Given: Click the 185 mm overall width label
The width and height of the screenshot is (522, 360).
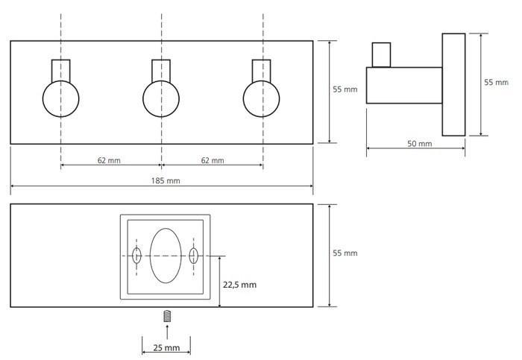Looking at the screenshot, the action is tap(166, 180).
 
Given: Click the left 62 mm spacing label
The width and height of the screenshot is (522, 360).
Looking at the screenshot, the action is tap(109, 160).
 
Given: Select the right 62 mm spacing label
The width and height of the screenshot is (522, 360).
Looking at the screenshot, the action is tap(213, 160).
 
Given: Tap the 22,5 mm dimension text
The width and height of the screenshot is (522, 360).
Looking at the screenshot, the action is tap(239, 285).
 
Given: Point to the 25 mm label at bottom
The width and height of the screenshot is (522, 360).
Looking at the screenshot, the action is tap(166, 347).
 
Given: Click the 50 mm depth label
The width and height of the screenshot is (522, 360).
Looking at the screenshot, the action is tap(419, 144).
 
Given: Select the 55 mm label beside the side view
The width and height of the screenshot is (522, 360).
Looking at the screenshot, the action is tap(497, 82).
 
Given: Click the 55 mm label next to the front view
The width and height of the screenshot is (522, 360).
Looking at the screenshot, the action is tap(345, 89).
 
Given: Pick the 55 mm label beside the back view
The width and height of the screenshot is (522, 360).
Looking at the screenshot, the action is tap(345, 253).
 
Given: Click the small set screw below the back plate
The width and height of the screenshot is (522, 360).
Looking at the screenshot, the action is tap(167, 316).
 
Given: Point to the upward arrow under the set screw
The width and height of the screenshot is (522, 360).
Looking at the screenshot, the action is tap(167, 332).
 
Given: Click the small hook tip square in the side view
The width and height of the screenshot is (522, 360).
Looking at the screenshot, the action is tap(381, 55).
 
